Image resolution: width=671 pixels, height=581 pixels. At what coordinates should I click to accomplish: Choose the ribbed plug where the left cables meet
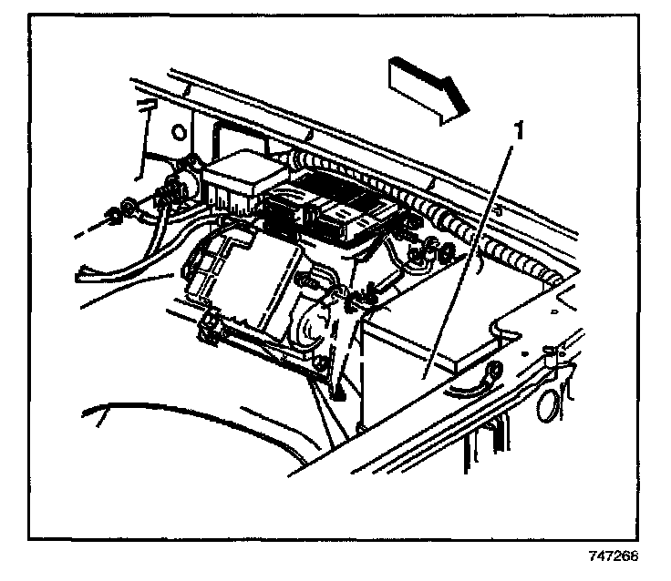(x=168, y=194)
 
